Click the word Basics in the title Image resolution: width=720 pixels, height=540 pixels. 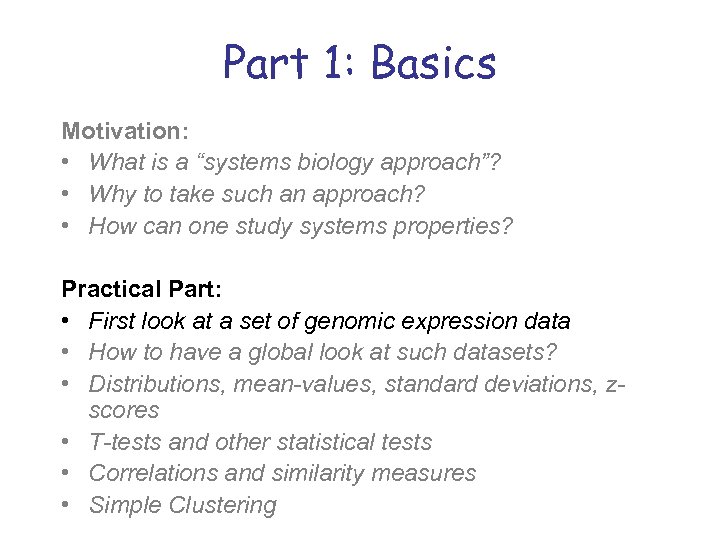pyautogui.click(x=433, y=63)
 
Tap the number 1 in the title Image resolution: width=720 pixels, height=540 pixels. pyautogui.click(x=337, y=63)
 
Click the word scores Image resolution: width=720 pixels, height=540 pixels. pyautogui.click(x=124, y=410)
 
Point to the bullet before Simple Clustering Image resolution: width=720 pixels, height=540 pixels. pyautogui.click(x=67, y=505)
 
